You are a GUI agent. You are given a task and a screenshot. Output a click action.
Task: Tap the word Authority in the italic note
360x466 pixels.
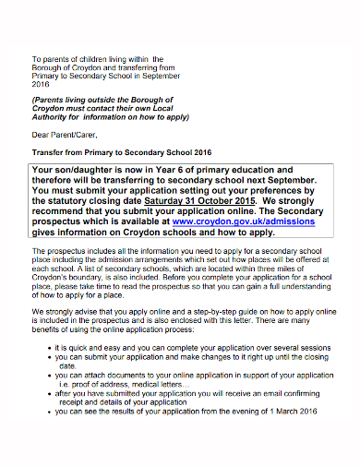click(x=52, y=117)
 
